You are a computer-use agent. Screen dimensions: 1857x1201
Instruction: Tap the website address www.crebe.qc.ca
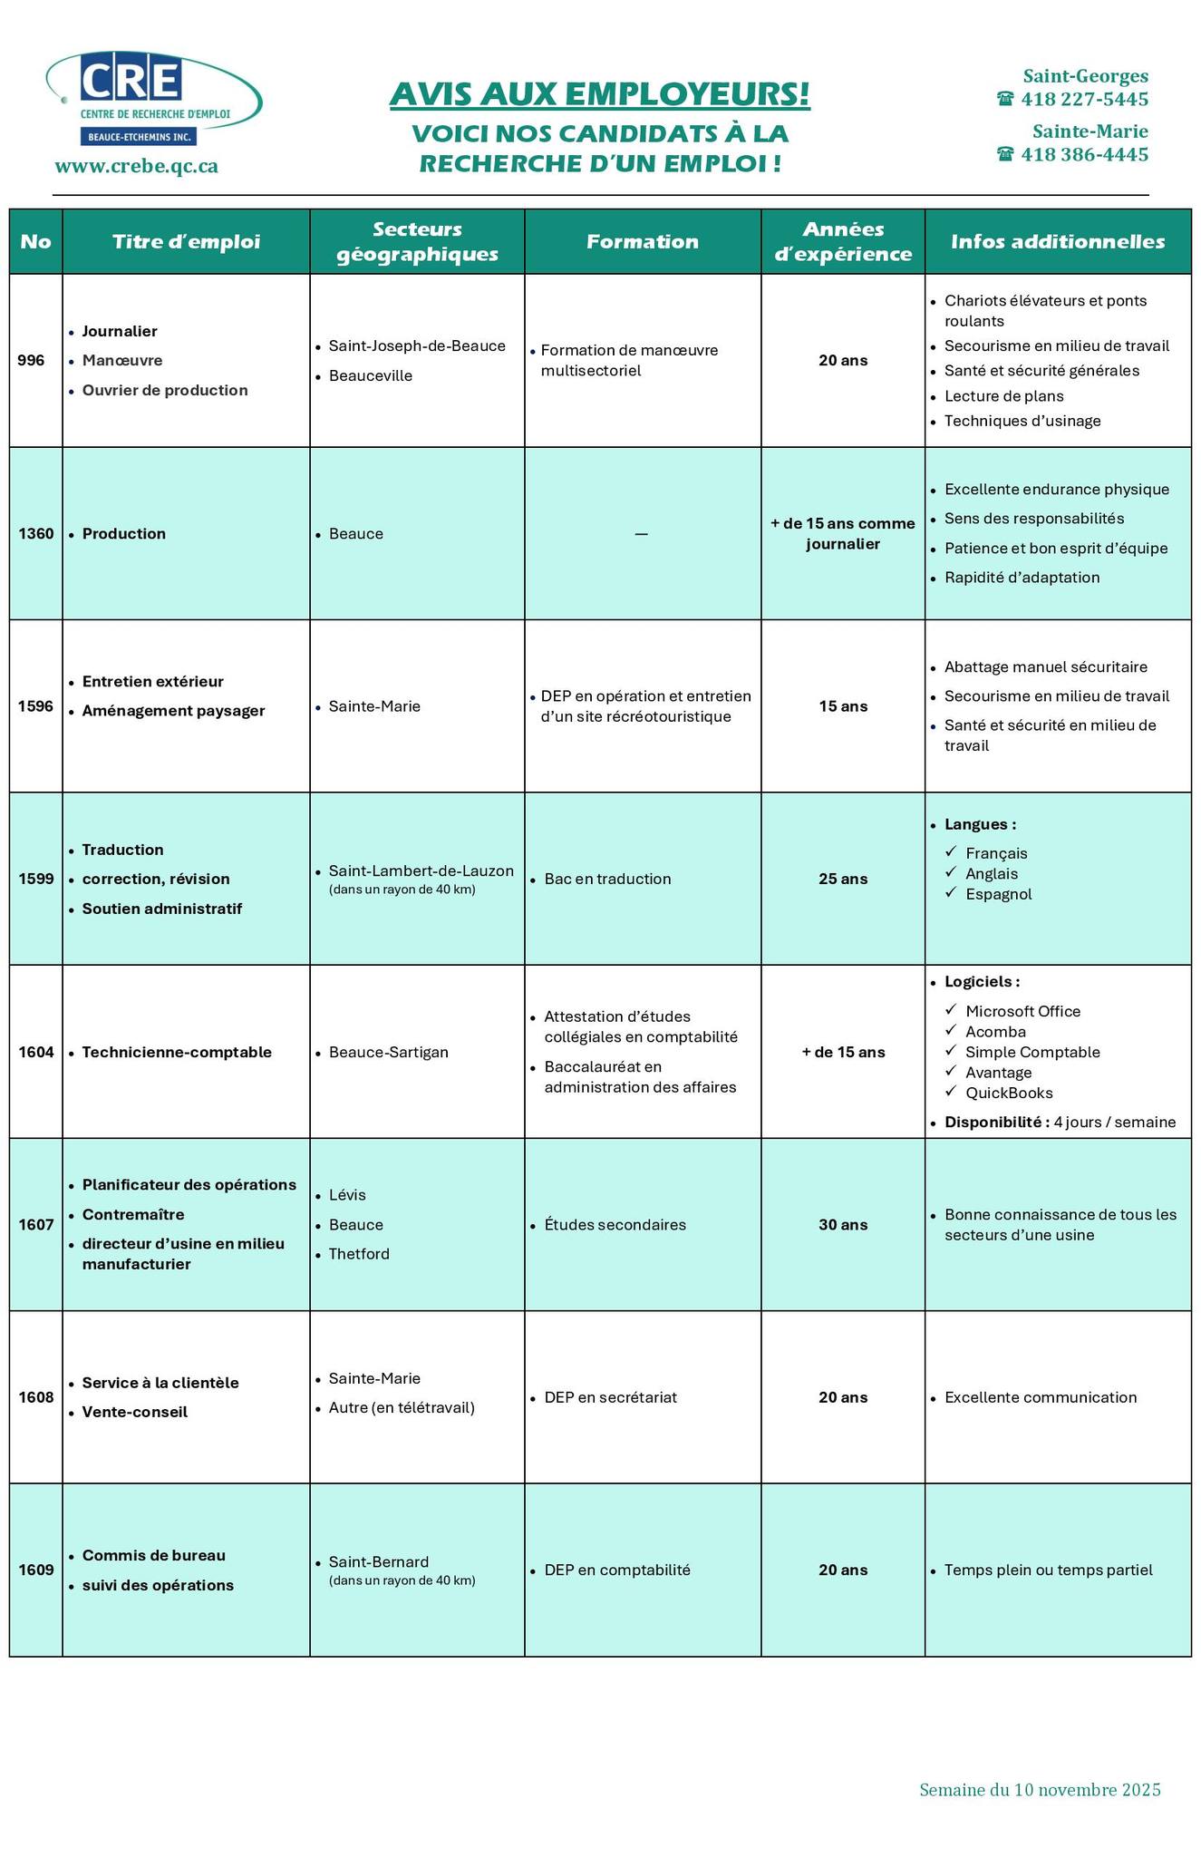click(136, 166)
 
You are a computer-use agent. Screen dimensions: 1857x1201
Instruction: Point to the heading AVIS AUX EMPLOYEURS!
click(599, 94)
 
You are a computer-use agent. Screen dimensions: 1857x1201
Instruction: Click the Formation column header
click(642, 241)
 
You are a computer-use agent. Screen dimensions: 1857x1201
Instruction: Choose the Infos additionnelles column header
click(1057, 241)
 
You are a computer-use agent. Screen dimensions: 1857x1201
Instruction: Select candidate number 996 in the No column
click(31, 360)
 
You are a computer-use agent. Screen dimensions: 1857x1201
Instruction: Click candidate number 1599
click(35, 879)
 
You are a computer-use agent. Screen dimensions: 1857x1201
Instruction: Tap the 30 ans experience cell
click(842, 1224)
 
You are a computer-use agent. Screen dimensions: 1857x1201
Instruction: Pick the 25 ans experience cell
click(842, 879)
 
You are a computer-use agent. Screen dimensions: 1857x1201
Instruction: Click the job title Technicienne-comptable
click(177, 1052)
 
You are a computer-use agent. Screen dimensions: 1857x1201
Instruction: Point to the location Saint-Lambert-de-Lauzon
click(421, 870)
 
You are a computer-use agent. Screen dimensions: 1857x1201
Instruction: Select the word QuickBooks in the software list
click(1009, 1093)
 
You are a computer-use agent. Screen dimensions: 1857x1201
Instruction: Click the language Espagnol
click(998, 894)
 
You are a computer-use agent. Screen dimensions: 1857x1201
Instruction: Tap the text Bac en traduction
click(607, 879)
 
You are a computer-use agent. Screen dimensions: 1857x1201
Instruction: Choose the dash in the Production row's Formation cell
click(641, 534)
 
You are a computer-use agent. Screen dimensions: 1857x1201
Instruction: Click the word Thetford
click(359, 1254)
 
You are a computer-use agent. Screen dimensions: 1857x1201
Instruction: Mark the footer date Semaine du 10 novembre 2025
click(1039, 1789)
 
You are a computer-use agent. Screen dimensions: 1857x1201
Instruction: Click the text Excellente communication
click(1040, 1397)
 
